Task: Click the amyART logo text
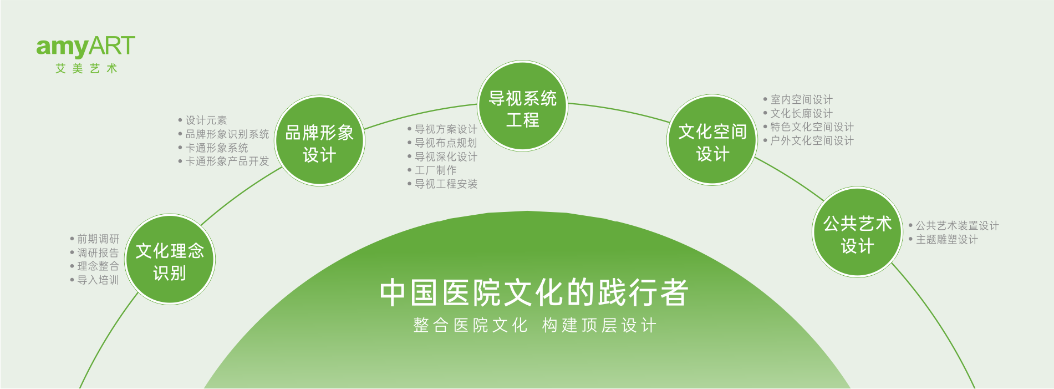tap(86, 47)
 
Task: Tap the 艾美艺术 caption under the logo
tap(86, 69)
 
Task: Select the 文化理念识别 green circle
tap(170, 260)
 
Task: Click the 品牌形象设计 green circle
tap(319, 141)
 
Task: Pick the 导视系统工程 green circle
tap(522, 106)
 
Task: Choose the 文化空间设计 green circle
tap(712, 140)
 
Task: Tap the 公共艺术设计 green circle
tap(857, 232)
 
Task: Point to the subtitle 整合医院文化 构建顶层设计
tap(535, 325)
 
